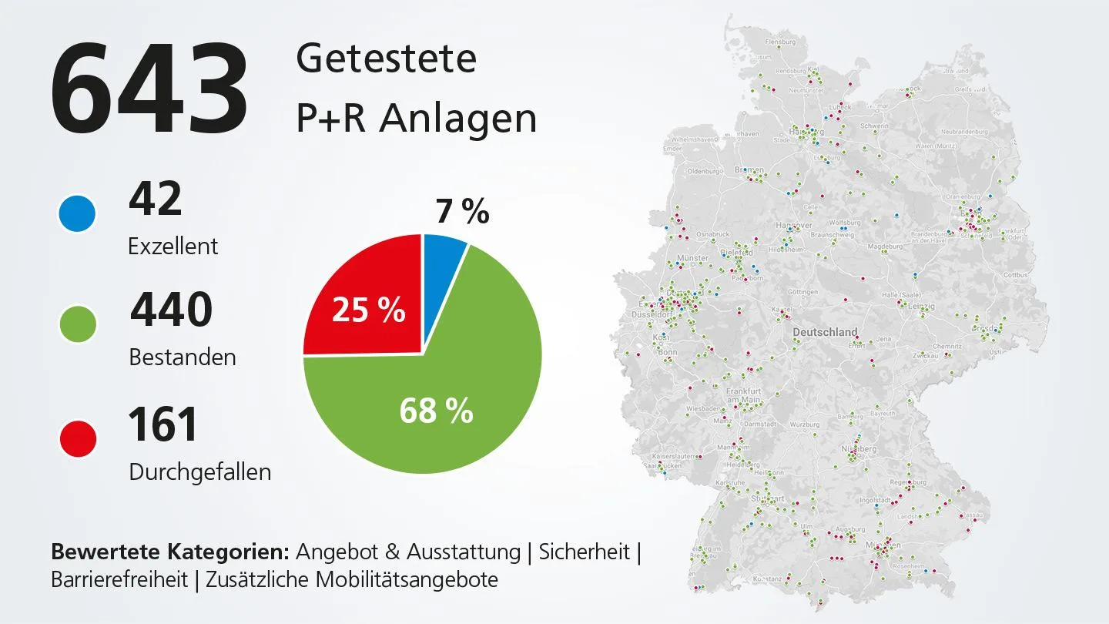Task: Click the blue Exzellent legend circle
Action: click(x=78, y=213)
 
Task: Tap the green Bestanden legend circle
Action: click(x=78, y=324)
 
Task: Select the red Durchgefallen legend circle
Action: click(x=78, y=439)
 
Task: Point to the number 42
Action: click(x=155, y=199)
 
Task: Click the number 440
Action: click(x=171, y=310)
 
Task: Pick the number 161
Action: click(x=163, y=424)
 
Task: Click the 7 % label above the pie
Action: click(x=462, y=211)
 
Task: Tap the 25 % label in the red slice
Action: click(x=368, y=310)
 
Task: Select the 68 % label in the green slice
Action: click(x=436, y=411)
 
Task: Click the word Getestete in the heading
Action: click(x=386, y=59)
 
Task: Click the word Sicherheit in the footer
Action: click(x=585, y=552)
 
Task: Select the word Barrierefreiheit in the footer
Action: click(x=119, y=579)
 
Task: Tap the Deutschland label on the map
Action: click(x=825, y=332)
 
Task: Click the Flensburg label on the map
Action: click(x=779, y=42)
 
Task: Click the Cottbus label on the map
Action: click(x=1015, y=275)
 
